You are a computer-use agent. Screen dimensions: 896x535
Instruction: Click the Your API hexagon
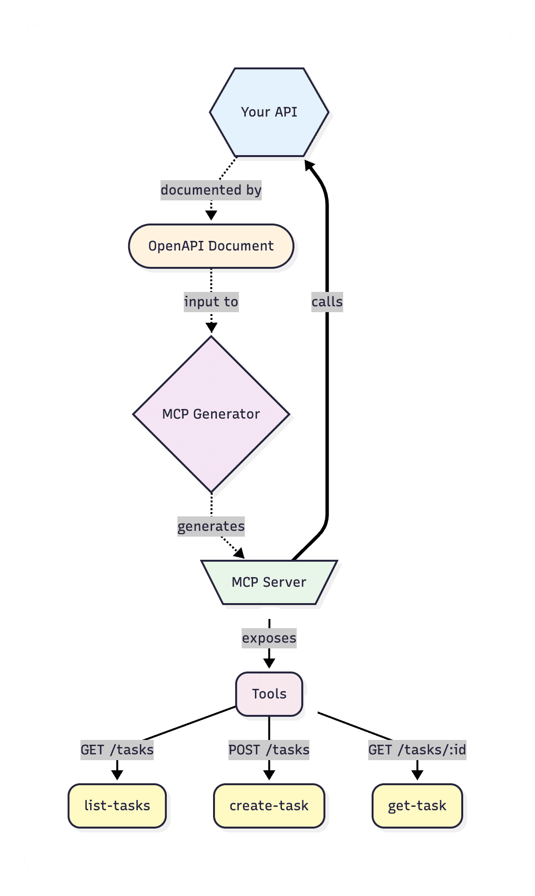tap(269, 112)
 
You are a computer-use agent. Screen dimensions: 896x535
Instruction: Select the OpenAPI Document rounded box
tap(211, 246)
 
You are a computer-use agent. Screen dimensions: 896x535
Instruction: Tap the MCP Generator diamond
tap(211, 414)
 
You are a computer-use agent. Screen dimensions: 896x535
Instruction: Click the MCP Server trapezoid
tap(269, 582)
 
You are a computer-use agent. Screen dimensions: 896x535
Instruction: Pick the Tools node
tap(269, 694)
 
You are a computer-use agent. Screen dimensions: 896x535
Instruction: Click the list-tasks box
tap(117, 806)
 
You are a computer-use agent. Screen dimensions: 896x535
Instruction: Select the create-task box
tap(269, 806)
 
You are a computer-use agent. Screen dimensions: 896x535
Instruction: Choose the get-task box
tap(417, 806)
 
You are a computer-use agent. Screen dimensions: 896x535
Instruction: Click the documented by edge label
tap(211, 190)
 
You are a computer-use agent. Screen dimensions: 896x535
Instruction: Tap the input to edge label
tap(211, 302)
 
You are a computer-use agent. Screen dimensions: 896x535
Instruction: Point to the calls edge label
tap(327, 302)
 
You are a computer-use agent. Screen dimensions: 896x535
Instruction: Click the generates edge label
tap(211, 526)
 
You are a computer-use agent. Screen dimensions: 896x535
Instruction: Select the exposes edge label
tap(269, 638)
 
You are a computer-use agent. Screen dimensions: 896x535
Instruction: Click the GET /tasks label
tap(117, 750)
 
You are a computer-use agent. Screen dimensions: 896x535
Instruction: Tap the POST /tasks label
tap(269, 750)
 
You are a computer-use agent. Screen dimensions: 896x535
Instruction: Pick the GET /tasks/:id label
tap(417, 750)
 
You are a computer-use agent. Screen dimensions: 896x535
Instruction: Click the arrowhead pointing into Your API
tap(309, 166)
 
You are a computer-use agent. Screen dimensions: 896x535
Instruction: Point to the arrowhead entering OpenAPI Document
tap(211, 216)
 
